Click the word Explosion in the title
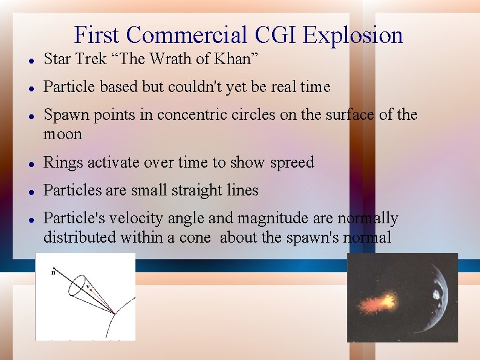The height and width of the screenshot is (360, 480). click(x=352, y=35)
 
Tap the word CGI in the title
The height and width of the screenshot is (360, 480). click(x=274, y=35)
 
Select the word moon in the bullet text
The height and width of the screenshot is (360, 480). click(x=62, y=134)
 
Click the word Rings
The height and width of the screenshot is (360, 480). click(x=63, y=162)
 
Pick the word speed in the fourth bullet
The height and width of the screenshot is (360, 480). click(x=292, y=162)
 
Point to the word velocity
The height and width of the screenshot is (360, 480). click(x=128, y=218)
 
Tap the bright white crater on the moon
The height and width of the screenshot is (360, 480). click(x=435, y=295)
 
